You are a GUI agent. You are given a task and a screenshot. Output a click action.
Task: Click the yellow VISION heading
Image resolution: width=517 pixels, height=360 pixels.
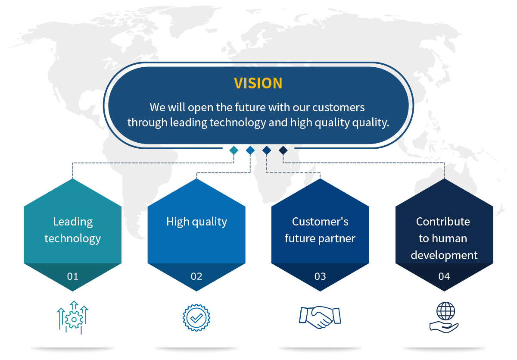(x=258, y=83)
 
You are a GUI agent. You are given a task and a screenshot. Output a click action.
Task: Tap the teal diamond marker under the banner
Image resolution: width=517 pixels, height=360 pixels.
(x=234, y=150)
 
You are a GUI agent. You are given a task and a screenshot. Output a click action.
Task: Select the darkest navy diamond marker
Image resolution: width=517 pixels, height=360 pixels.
(x=283, y=150)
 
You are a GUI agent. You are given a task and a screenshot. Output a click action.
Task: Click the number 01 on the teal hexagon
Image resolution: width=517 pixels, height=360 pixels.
(x=73, y=276)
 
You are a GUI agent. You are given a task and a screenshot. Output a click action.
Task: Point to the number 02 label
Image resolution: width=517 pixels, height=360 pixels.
(x=196, y=276)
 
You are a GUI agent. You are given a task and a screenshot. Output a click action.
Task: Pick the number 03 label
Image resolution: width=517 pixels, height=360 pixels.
(x=320, y=276)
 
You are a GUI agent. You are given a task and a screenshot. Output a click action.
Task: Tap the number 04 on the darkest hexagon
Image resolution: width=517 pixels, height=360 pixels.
(x=444, y=276)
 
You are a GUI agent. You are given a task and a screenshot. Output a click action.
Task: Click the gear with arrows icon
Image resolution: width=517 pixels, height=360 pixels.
(x=73, y=317)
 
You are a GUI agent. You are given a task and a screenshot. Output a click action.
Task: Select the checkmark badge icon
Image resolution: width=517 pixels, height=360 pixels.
(x=196, y=318)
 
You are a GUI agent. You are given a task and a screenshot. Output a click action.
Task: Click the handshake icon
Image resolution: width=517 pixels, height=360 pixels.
(x=320, y=317)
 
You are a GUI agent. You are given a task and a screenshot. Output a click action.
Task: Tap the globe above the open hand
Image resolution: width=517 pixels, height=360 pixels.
(x=445, y=311)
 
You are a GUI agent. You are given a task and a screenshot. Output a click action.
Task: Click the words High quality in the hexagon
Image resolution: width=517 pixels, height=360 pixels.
(x=196, y=222)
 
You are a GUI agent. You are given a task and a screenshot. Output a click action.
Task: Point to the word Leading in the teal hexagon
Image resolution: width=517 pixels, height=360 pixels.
(x=73, y=222)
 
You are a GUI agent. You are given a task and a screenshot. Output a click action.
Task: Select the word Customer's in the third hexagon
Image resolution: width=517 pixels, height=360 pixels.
(x=320, y=222)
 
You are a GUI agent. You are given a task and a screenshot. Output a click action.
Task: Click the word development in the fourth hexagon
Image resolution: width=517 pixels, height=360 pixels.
(x=444, y=256)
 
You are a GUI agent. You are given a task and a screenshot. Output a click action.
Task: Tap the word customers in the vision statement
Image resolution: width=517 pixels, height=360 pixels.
(x=338, y=108)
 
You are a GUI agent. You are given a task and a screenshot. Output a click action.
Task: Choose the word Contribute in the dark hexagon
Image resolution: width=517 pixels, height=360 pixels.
(x=443, y=222)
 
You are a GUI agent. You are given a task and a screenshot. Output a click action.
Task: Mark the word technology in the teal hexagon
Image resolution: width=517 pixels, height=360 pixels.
(x=73, y=239)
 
